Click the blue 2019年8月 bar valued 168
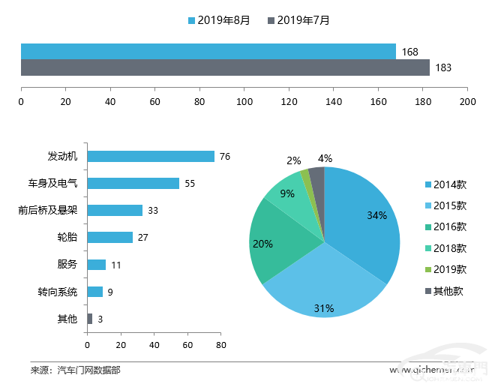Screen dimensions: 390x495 tap(208, 51)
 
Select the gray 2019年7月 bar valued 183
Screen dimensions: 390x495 tap(225, 67)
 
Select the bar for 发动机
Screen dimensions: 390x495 tap(151, 156)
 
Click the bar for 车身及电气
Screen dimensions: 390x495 tap(133, 183)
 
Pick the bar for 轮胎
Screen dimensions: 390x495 tap(110, 237)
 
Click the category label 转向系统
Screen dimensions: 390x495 tap(58, 292)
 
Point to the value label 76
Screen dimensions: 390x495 tap(224, 156)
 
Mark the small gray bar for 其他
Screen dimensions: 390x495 tap(90, 319)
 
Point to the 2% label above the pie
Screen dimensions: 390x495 tap(293, 160)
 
